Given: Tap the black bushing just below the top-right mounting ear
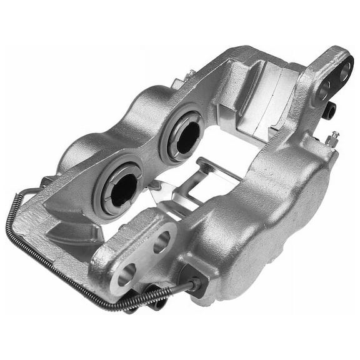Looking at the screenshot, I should click(330, 111).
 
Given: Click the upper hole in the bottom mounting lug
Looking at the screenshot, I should click(161, 241).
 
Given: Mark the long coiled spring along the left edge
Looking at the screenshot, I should click(37, 250).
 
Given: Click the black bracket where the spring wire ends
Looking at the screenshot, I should click(196, 284).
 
